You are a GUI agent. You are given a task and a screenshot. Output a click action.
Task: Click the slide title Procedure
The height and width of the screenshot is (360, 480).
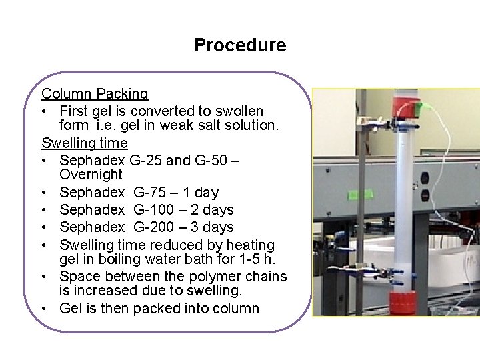240,45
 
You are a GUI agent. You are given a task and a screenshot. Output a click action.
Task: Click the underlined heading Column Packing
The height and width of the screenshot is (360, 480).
95,93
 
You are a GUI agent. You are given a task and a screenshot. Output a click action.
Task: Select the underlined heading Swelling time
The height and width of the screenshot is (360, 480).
85,142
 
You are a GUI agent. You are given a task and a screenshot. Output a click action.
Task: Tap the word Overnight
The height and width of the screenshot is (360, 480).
91,175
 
